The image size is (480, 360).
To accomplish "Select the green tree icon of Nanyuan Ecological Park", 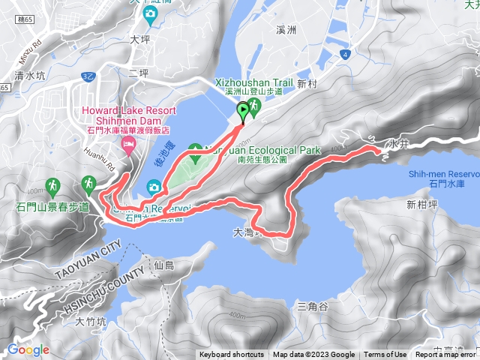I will click(x=195, y=149).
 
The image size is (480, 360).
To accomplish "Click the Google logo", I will click(x=28, y=349).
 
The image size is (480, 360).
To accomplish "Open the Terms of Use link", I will click(x=385, y=355).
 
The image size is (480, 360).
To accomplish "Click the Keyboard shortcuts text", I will click(x=232, y=355).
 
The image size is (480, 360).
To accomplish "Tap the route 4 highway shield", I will click(x=344, y=54).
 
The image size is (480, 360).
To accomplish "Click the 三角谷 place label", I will click(x=313, y=307).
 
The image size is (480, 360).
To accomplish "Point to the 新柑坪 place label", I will click(x=421, y=204).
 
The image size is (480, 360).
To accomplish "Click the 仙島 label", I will click(x=163, y=265).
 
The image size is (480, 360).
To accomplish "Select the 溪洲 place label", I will click(x=288, y=30).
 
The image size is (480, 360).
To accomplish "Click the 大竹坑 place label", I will click(x=91, y=322).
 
